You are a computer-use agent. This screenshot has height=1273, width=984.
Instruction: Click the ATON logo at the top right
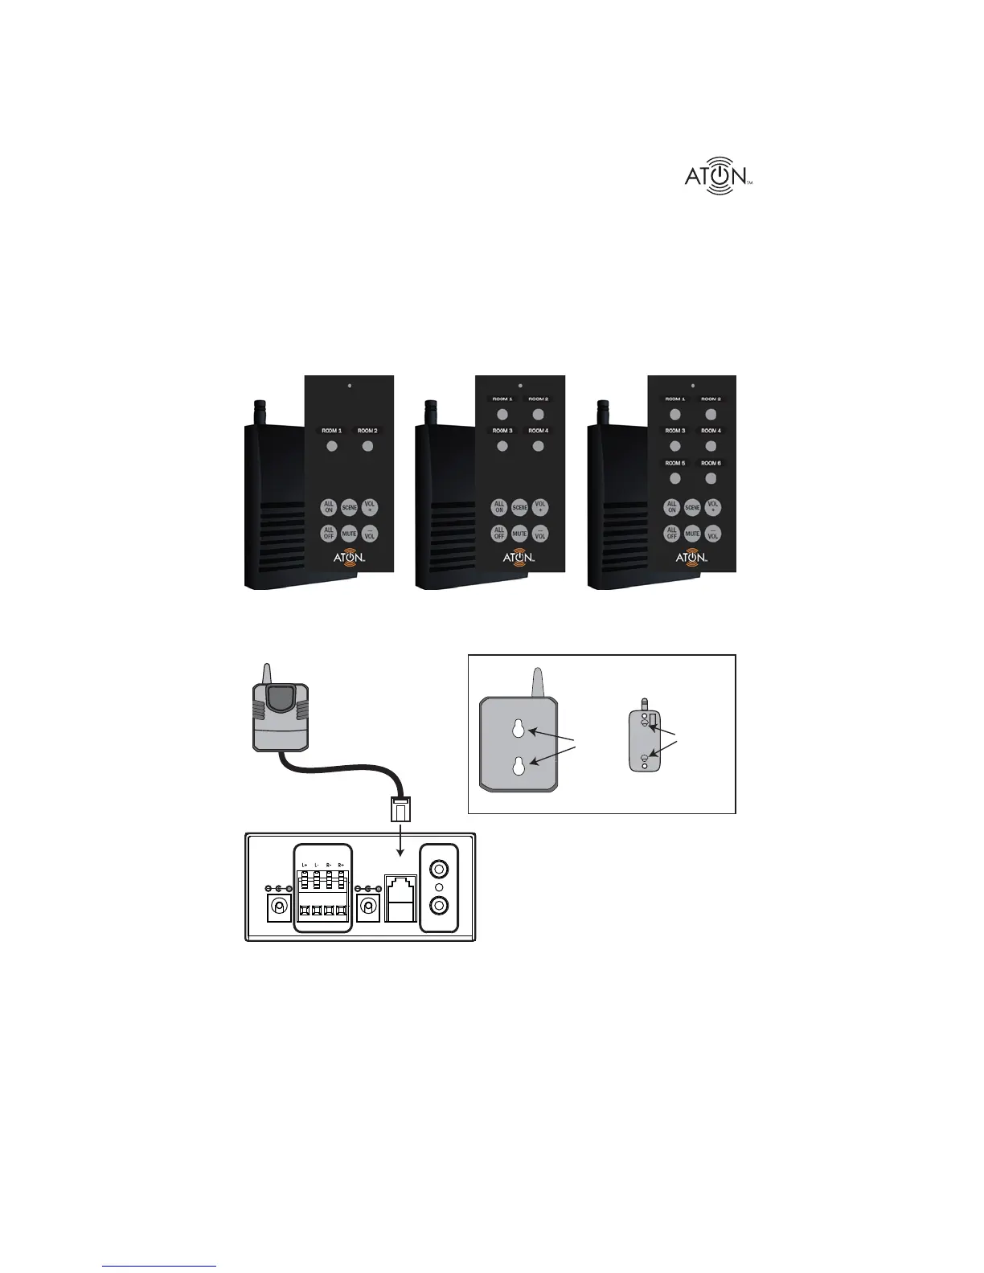tap(718, 176)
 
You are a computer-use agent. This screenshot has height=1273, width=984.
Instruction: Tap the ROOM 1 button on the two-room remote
tap(331, 445)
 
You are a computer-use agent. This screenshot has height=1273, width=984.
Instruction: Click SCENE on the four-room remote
tap(520, 508)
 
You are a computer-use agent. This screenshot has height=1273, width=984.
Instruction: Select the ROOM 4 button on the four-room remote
tap(538, 446)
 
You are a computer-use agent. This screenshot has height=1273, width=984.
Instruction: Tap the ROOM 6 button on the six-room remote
tap(711, 478)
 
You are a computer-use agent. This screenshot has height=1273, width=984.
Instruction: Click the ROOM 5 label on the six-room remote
tap(674, 463)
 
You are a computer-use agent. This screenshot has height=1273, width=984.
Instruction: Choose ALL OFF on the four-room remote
tap(499, 533)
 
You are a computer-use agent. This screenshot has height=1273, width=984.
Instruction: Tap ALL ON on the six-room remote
tap(672, 508)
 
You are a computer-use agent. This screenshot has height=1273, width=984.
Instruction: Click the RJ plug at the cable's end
tap(400, 809)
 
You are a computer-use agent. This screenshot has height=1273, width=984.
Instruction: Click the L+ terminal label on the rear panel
tap(305, 866)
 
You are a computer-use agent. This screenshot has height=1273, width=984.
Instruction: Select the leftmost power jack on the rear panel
tap(278, 907)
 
